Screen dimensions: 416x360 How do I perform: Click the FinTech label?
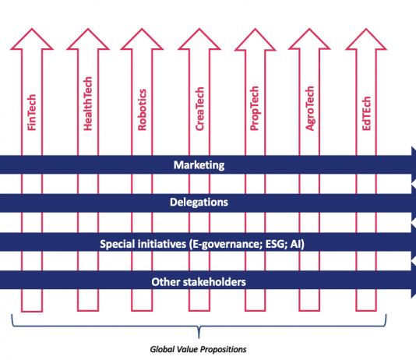tap(32, 112)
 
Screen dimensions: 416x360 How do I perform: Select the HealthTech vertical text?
tap(88, 104)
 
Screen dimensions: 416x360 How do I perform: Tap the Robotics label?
tap(143, 110)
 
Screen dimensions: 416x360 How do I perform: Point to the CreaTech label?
tap(199, 109)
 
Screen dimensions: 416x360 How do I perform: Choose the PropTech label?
tap(254, 108)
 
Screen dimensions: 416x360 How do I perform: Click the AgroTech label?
tap(309, 108)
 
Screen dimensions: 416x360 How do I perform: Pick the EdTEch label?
tap(366, 113)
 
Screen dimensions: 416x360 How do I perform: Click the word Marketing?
tap(199, 165)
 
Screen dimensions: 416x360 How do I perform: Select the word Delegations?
tap(199, 202)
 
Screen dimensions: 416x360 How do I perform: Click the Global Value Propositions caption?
tap(198, 349)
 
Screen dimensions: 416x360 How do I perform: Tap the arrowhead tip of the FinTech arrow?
tap(32, 29)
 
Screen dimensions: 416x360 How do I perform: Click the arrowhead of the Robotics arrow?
tap(142, 39)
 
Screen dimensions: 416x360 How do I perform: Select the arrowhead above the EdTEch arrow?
tap(366, 39)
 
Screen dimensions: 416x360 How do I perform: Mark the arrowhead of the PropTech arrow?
tap(256, 39)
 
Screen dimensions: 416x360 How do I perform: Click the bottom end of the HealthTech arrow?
tap(88, 311)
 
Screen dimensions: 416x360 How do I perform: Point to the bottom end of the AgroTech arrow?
tap(309, 311)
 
